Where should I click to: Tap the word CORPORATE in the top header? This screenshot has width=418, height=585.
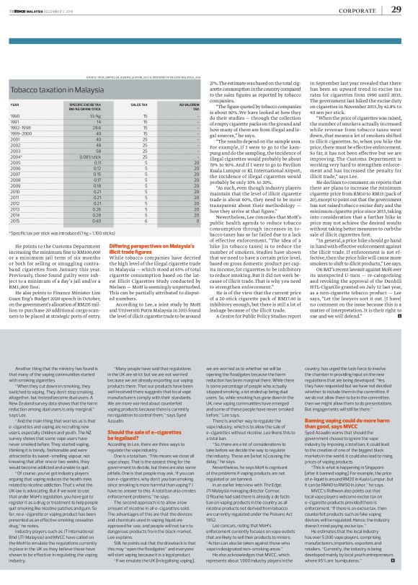[x=355, y=10]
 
